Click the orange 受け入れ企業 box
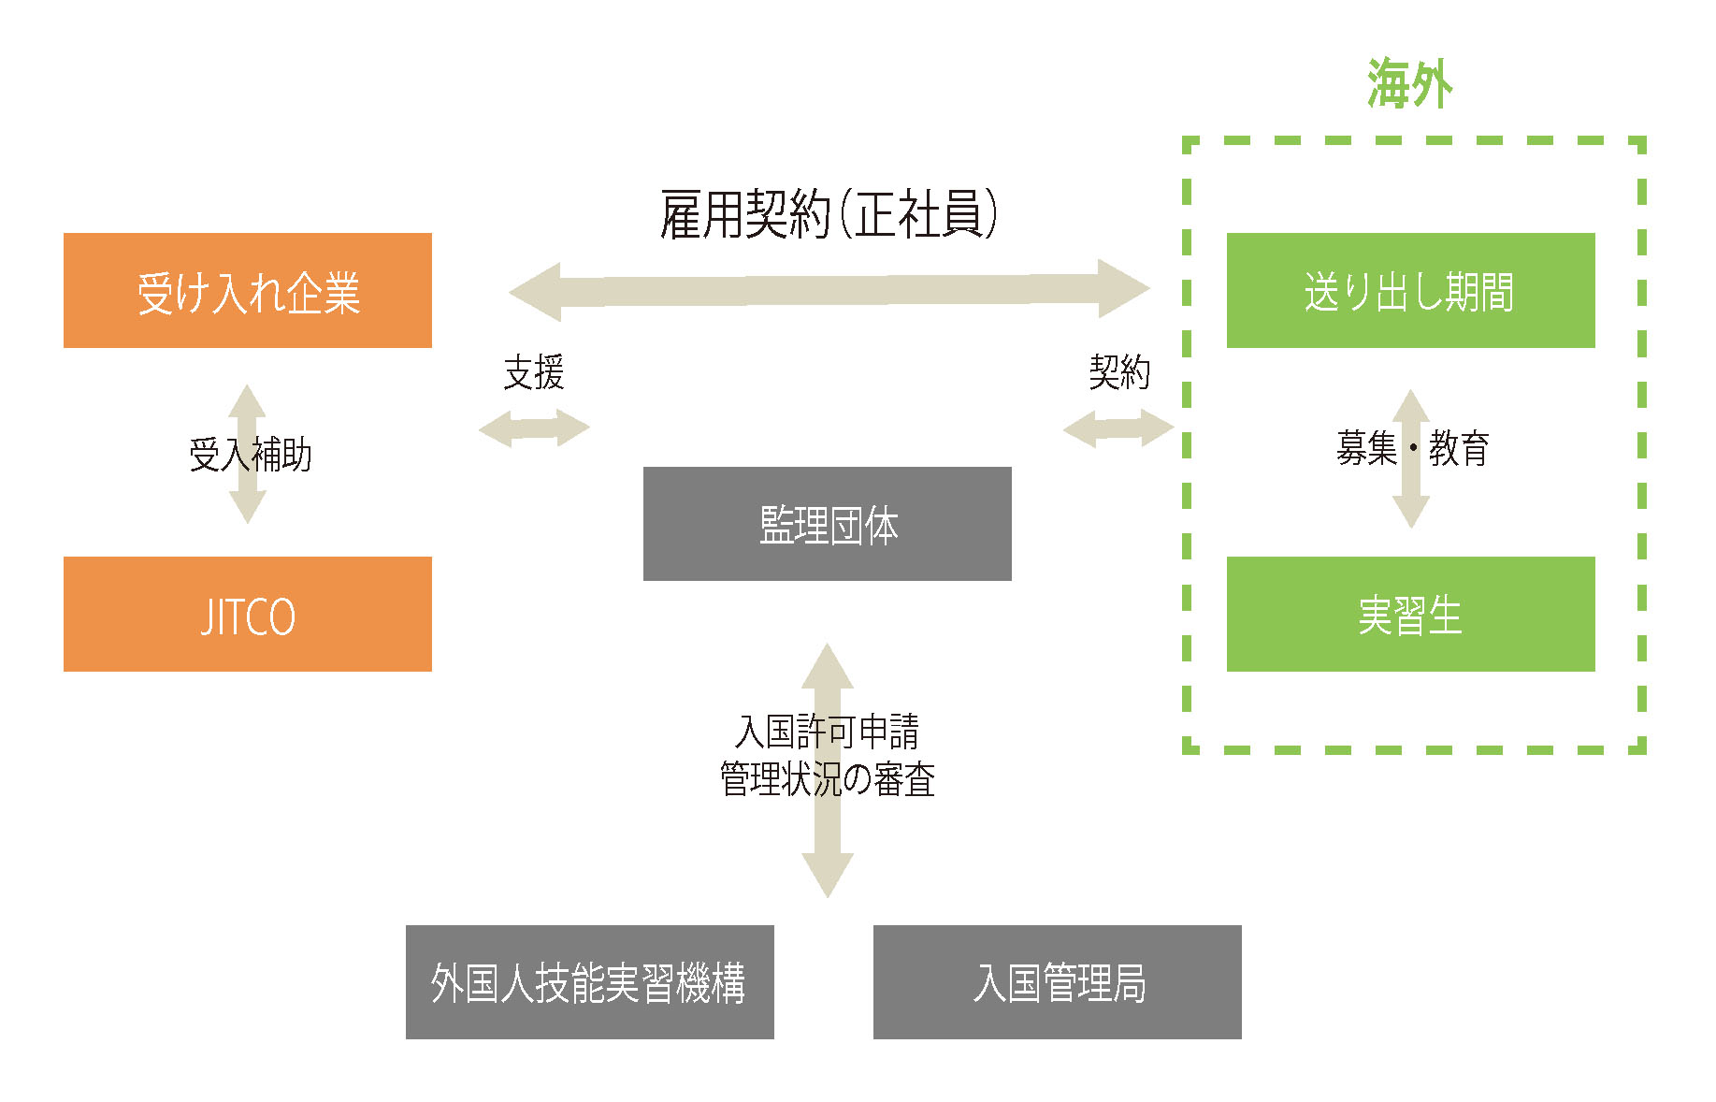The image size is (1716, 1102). pos(248,291)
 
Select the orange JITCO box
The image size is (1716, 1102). pos(248,615)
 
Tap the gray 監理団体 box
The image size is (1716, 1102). pos(828,524)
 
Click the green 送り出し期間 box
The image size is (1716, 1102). pos(1410,291)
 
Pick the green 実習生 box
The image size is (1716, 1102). pos(1410,615)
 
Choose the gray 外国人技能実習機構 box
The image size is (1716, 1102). pos(589,982)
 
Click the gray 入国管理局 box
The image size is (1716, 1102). pos(1057,982)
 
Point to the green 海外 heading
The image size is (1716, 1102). pos(1409,84)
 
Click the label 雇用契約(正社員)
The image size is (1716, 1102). pos(829,214)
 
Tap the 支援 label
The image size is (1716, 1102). pos(534,372)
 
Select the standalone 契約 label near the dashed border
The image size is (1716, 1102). pos(1119,372)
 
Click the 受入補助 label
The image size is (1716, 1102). pos(250,455)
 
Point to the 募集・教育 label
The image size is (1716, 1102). pos(1412,449)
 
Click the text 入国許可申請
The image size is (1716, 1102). pos(828,732)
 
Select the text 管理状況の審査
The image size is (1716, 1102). pos(828,779)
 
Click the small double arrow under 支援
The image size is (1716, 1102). pos(534,428)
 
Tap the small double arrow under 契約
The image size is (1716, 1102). pos(1118,428)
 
